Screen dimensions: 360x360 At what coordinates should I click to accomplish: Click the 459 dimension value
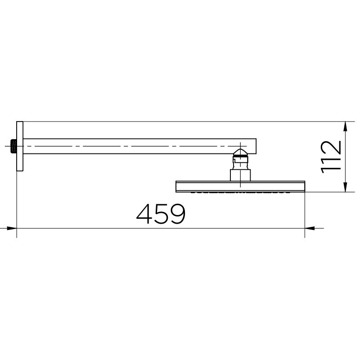161,214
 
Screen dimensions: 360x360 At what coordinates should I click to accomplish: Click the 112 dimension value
331,157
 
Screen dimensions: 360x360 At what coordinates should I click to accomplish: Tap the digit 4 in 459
144,214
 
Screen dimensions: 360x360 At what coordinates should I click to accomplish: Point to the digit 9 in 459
177,214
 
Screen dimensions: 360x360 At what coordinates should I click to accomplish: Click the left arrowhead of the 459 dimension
12,228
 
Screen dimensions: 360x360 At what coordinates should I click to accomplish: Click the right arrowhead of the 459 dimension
310,228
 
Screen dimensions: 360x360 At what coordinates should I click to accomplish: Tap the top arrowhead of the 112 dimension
345,126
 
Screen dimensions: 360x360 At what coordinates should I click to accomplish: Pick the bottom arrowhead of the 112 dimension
345,187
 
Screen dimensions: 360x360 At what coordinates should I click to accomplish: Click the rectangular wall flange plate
20,146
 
